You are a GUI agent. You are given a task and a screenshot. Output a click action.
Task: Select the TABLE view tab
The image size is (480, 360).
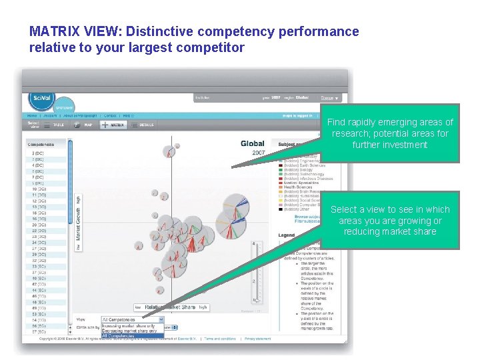click(57, 125)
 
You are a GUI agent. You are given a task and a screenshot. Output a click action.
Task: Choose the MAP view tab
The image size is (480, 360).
click(85, 125)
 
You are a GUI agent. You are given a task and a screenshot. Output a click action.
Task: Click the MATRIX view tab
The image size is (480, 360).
click(115, 125)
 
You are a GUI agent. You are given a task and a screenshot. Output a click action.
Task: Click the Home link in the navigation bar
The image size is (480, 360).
click(32, 115)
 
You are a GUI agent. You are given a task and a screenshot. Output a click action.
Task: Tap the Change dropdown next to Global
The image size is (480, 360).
click(329, 98)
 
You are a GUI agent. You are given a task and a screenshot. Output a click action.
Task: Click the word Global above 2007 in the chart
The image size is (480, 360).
click(253, 143)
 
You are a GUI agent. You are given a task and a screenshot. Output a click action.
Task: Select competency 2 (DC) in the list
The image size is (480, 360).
click(38, 153)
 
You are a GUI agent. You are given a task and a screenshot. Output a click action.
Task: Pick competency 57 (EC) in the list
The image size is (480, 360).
click(38, 331)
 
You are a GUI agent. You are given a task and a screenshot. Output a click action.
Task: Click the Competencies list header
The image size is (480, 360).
click(41, 144)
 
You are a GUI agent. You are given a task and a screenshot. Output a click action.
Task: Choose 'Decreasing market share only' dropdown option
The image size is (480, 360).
click(129, 331)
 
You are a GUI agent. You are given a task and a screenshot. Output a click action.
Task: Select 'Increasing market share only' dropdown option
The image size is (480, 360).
click(129, 326)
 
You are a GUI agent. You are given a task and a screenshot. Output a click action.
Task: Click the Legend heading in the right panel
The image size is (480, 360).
click(286, 235)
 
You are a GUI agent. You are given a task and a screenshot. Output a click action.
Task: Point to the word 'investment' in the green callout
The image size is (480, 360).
click(389, 145)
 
